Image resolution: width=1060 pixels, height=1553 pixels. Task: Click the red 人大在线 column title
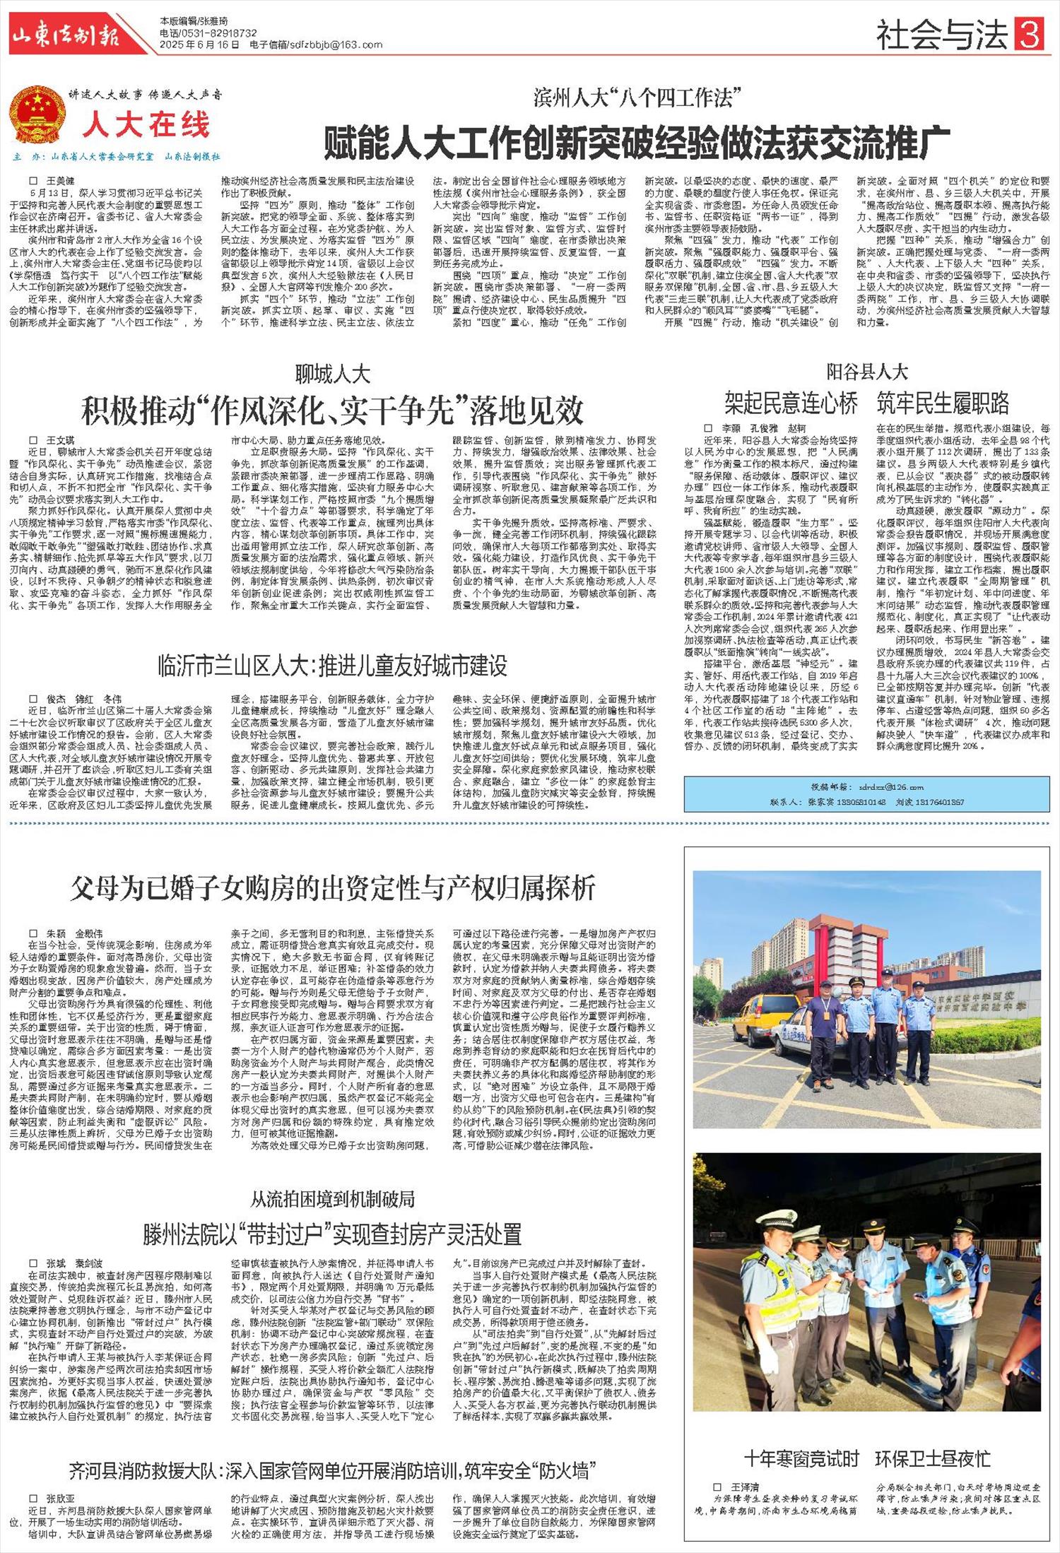147,125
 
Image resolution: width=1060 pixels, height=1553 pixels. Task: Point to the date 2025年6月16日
191,45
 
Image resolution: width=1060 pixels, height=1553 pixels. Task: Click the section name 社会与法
942,35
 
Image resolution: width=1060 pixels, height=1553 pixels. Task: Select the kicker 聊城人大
332,373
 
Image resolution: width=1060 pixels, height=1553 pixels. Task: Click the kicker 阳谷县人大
867,372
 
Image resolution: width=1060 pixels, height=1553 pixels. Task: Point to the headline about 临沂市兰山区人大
332,666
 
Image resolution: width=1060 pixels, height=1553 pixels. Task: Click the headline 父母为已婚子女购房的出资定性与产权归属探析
332,888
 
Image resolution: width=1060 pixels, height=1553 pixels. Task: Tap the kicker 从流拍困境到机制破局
332,1199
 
